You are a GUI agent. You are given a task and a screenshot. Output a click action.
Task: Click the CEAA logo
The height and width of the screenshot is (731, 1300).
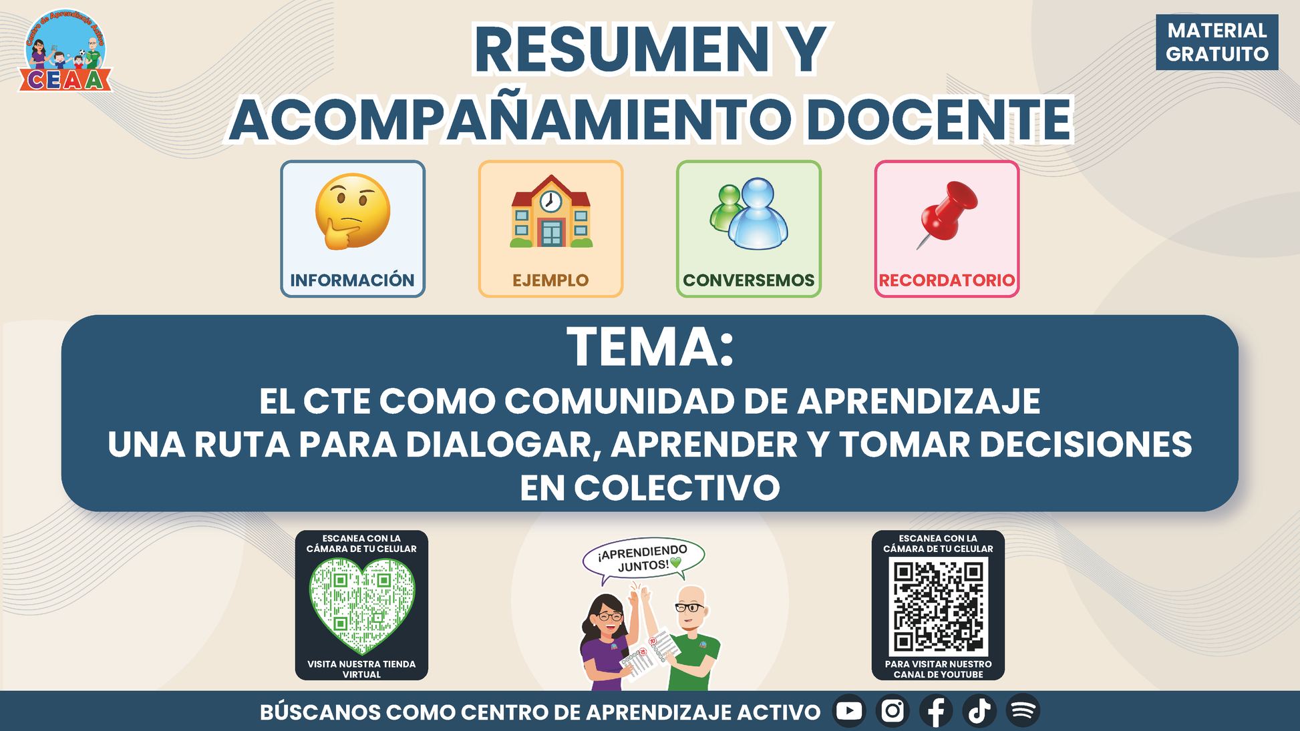(65, 51)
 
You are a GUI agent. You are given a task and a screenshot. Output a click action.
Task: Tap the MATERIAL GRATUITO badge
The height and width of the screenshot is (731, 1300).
(1217, 42)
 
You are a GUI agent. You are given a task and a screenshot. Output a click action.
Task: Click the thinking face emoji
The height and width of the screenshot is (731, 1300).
(353, 212)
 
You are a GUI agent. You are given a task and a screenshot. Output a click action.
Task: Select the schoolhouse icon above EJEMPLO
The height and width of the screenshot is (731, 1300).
(551, 212)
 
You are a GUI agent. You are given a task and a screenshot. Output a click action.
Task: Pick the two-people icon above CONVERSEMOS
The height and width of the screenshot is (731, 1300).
(749, 213)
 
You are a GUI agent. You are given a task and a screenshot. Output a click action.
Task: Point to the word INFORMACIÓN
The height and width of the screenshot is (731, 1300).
(352, 280)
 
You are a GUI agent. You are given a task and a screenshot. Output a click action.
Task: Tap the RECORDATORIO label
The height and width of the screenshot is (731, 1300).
(947, 280)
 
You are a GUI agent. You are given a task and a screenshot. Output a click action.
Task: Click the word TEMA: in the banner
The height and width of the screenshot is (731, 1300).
(650, 347)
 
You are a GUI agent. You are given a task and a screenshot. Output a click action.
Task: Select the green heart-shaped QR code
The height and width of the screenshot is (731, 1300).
(361, 605)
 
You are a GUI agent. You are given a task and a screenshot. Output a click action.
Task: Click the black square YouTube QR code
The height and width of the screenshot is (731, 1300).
(938, 606)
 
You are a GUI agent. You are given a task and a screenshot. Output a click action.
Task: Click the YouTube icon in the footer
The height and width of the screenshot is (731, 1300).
(849, 711)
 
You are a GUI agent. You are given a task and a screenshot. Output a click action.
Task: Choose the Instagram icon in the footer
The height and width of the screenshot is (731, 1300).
(892, 711)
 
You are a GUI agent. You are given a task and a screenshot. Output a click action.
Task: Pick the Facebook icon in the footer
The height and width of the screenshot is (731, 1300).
(936, 711)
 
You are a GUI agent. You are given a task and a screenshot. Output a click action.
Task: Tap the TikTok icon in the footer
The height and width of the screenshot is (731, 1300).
(979, 711)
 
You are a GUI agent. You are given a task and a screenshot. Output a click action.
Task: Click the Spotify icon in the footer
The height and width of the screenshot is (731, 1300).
(1023, 711)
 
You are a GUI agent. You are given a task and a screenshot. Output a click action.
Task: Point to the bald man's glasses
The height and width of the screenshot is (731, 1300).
(689, 607)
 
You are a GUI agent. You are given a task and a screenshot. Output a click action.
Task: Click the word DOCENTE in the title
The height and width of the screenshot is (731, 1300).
(939, 120)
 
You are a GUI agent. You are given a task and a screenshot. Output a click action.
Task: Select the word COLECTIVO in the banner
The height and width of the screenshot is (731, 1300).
(677, 488)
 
